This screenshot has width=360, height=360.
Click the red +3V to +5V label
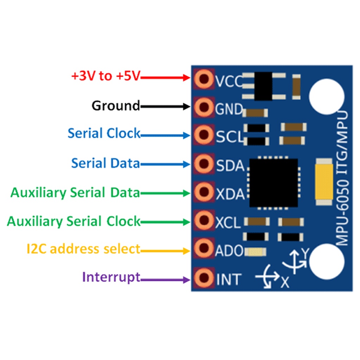click(105, 76)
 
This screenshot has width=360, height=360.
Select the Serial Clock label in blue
click(104, 133)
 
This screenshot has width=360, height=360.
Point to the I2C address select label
click(84, 249)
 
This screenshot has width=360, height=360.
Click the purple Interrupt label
click(111, 277)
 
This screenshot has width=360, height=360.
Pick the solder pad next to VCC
click(204, 79)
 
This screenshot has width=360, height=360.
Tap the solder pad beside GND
click(204, 107)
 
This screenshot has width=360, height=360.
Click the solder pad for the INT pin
click(204, 278)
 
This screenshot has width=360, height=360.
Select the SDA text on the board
click(230, 166)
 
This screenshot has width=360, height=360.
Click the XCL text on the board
click(228, 223)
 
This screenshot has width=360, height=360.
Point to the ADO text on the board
click(229, 250)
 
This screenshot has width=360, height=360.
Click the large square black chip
click(274, 183)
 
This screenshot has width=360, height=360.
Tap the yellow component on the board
click(324, 182)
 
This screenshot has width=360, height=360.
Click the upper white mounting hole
click(327, 96)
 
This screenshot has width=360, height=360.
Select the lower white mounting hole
click(327, 262)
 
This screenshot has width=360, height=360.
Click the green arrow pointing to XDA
click(165, 193)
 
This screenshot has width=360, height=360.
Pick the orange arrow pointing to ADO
click(165, 251)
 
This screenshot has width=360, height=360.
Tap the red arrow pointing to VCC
click(165, 78)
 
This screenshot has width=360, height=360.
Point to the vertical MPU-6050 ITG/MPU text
click(342, 178)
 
